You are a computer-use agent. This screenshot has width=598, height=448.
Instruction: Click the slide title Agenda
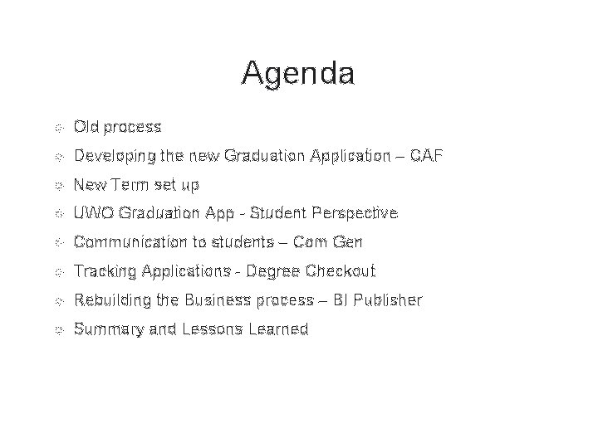[298, 74]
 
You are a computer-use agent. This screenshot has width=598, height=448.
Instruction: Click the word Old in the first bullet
[86, 127]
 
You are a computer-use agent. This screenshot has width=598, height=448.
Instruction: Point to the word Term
[124, 184]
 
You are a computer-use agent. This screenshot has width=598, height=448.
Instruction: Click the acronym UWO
[93, 213]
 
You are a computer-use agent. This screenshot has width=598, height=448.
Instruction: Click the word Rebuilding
[109, 300]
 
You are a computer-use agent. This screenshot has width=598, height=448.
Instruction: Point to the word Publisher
[389, 300]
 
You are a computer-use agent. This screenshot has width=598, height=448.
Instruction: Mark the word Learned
[277, 329]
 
